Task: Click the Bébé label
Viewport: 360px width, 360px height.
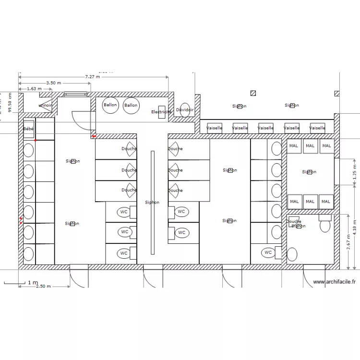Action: pos(28,129)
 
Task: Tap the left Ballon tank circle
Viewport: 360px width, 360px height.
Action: pos(110,106)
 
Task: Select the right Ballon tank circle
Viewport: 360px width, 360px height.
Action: pos(131,106)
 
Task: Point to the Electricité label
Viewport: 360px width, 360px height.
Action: pos(161,112)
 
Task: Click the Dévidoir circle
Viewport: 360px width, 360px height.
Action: pos(185,110)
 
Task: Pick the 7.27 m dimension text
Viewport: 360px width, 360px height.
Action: pos(93,77)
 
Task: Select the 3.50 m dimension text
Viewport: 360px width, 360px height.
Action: pos(54,83)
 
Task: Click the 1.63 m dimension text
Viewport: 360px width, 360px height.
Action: pos(34,89)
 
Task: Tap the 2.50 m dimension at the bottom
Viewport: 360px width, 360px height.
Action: pos(43,287)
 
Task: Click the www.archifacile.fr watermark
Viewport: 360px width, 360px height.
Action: pos(334,283)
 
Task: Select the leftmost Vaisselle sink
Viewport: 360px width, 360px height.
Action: pos(214,128)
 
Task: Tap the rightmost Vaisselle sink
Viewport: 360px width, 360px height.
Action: pos(317,128)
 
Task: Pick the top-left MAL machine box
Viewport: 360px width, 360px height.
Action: pos(294,145)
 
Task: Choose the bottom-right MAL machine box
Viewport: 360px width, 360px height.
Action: pos(326,202)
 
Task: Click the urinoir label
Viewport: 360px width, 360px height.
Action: pos(46,105)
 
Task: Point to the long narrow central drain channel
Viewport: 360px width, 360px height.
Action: pos(153,203)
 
